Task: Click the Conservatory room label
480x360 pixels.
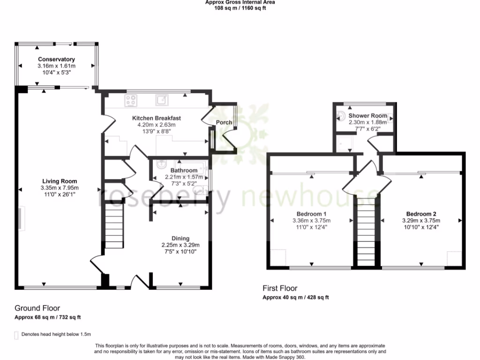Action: [x=56, y=60]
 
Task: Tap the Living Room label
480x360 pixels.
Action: [x=60, y=181]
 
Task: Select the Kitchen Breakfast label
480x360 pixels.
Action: [x=156, y=118]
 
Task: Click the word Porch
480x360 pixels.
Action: [x=224, y=123]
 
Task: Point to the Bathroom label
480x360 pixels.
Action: [x=184, y=171]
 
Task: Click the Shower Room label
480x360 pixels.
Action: [x=367, y=116]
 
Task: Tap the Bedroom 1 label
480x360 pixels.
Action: [x=311, y=214]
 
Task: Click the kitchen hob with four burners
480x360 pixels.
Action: [x=131, y=100]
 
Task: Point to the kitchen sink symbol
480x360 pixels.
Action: [x=162, y=99]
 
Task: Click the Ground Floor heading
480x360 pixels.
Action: [x=37, y=308]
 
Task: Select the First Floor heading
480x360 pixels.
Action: [x=280, y=288]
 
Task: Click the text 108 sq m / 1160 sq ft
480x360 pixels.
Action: [x=240, y=8]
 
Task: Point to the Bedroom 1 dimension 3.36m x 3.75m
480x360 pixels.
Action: [x=311, y=221]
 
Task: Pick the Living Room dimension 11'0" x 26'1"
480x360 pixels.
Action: [x=60, y=195]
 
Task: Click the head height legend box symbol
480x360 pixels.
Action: [x=17, y=335]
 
